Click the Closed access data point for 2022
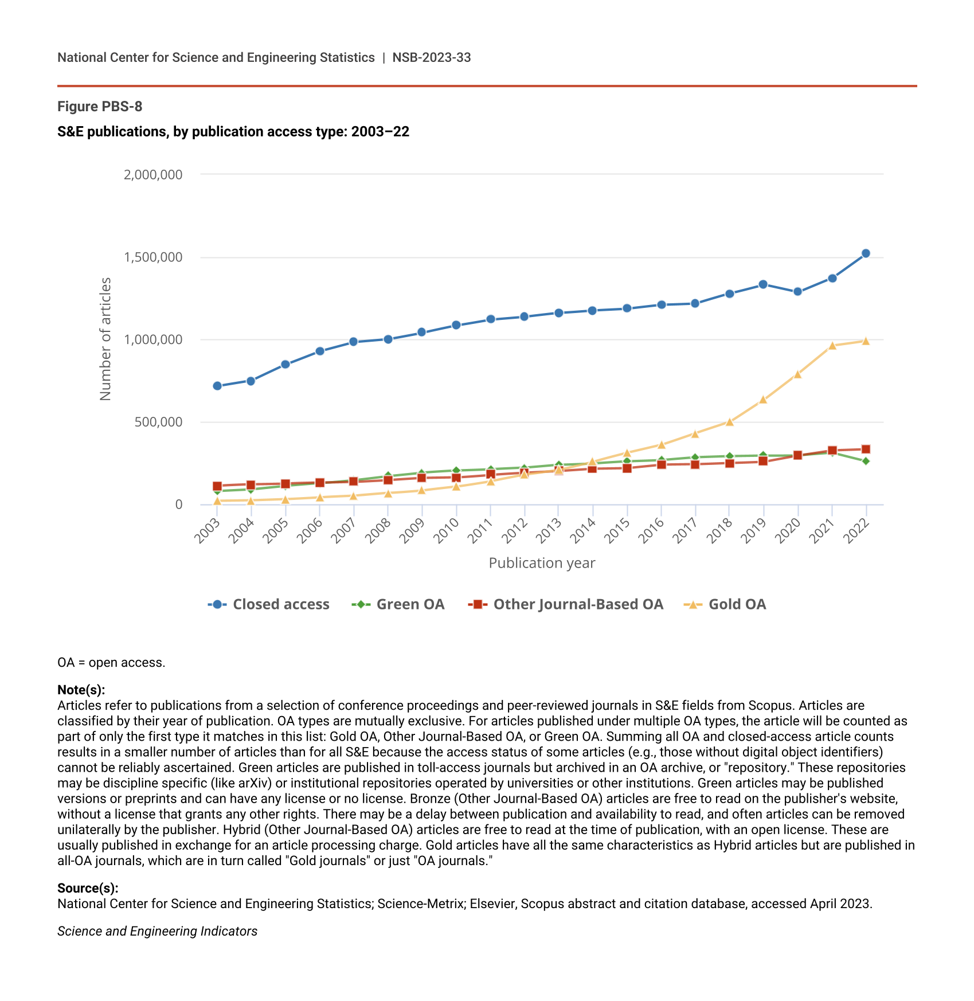(866, 253)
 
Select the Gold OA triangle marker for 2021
(832, 346)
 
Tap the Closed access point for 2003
(217, 386)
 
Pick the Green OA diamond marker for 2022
(866, 461)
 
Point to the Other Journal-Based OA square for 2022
(866, 449)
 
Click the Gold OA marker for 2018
(729, 422)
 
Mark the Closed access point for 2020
(797, 291)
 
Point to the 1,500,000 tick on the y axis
(153, 257)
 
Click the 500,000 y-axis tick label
(158, 423)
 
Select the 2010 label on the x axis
(447, 530)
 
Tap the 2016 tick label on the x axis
(652, 530)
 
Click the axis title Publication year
(542, 563)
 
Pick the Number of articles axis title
(105, 339)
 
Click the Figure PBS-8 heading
(100, 107)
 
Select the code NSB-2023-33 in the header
(432, 57)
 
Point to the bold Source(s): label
(88, 888)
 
